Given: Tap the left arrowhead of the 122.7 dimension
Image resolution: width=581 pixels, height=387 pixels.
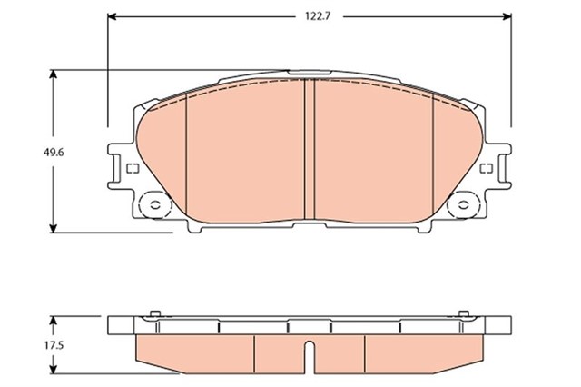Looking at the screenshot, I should [x=112, y=16].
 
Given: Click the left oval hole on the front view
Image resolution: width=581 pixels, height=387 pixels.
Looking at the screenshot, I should [x=155, y=205].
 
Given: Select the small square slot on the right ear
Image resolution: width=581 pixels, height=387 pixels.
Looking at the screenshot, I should [x=487, y=168].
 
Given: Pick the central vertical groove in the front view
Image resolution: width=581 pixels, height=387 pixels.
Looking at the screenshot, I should [x=310, y=150].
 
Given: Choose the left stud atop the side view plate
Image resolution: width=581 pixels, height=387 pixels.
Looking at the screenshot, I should [x=154, y=315].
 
